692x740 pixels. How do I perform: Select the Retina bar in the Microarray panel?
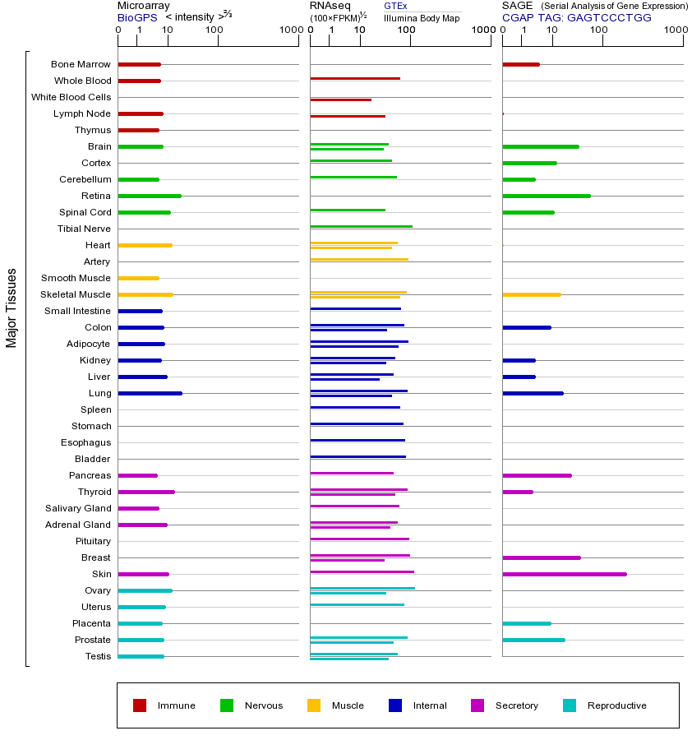[x=150, y=196]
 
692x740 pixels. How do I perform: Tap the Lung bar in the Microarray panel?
[x=150, y=393]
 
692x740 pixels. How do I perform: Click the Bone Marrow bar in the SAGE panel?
[x=520, y=64]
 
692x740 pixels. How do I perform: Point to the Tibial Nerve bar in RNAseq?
[x=361, y=226]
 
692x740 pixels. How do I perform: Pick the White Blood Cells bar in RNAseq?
[x=340, y=99]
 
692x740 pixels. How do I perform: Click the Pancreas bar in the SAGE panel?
[x=537, y=475]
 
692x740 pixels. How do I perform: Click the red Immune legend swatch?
[x=140, y=705]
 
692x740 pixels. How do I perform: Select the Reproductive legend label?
[x=616, y=705]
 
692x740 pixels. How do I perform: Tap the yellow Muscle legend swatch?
[x=314, y=705]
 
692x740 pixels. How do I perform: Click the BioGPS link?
[x=136, y=17]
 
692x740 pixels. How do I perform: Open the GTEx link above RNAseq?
[x=395, y=6]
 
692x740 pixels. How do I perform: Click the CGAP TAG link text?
[x=576, y=17]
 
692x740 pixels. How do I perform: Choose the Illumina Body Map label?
[x=422, y=17]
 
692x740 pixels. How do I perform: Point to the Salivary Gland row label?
[x=78, y=508]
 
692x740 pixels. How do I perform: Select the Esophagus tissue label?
[x=85, y=442]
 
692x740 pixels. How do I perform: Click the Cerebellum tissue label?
[x=85, y=179]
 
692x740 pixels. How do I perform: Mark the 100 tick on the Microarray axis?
[x=215, y=30]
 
